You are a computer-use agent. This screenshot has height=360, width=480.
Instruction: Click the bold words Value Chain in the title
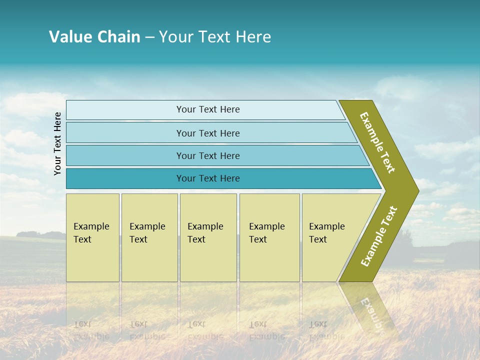[94, 37]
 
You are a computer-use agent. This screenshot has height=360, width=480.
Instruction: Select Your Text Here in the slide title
[215, 37]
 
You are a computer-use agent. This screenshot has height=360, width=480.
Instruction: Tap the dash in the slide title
[149, 37]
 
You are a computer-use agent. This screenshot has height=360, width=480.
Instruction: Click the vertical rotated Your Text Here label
[57, 143]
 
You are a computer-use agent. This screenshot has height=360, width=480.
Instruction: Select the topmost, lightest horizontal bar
[207, 109]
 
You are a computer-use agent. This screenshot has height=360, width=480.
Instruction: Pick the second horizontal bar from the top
[207, 133]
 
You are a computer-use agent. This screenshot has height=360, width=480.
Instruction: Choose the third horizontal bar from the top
[207, 155]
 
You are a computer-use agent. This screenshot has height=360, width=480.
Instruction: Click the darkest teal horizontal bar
[207, 178]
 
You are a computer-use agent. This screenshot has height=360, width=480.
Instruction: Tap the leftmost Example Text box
[92, 237]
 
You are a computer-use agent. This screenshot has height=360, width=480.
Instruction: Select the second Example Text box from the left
[149, 237]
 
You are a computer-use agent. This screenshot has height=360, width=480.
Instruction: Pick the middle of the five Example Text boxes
[208, 237]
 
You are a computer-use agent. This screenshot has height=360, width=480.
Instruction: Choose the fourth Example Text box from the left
[269, 237]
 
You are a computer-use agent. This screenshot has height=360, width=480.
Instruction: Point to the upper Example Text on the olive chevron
[377, 142]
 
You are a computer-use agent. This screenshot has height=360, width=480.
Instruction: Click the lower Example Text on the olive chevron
[379, 236]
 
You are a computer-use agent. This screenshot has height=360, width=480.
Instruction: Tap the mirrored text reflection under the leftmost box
[91, 330]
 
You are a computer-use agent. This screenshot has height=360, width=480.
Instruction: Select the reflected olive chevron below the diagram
[370, 310]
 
